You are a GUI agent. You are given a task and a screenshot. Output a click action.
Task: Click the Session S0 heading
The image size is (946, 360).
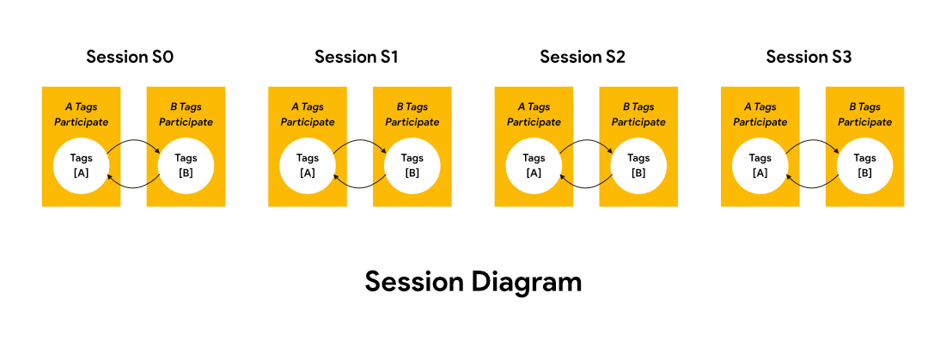[x=130, y=58]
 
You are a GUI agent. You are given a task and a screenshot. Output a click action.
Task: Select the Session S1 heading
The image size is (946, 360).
[x=357, y=58]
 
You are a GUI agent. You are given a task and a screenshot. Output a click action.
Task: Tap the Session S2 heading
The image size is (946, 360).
[x=583, y=58]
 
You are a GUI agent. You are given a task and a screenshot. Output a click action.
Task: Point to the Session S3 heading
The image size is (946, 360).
[x=809, y=58]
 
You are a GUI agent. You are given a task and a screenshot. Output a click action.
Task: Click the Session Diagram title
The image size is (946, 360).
[x=473, y=281]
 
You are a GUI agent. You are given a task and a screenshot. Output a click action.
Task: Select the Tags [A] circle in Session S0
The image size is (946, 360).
[x=81, y=166]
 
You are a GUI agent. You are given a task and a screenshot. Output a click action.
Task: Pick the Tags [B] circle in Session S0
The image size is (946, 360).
[x=186, y=166]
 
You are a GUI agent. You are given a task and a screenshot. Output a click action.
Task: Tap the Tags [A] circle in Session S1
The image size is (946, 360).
[x=308, y=166]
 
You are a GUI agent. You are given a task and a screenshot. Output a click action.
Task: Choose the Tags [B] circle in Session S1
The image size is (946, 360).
[x=412, y=166]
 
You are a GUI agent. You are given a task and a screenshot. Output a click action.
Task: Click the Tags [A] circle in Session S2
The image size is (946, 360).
[x=534, y=166]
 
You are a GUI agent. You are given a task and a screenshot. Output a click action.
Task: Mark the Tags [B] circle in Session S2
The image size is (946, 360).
[x=638, y=166]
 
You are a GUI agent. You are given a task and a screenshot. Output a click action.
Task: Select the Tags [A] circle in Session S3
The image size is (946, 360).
[x=760, y=166]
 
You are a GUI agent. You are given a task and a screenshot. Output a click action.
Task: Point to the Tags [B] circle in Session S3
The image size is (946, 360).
[x=865, y=166]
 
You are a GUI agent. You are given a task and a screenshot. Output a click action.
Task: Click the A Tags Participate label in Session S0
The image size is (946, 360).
[x=81, y=114]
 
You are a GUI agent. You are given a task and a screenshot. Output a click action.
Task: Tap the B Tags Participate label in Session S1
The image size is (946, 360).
[x=412, y=114]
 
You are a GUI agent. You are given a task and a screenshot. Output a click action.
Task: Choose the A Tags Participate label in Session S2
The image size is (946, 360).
[x=534, y=114]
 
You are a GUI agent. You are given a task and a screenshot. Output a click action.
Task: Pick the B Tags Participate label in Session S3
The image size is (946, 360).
[x=865, y=114]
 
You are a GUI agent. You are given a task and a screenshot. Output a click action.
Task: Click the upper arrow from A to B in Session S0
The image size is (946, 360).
[x=133, y=142]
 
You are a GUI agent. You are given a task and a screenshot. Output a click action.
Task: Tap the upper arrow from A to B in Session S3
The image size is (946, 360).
[x=813, y=142]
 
